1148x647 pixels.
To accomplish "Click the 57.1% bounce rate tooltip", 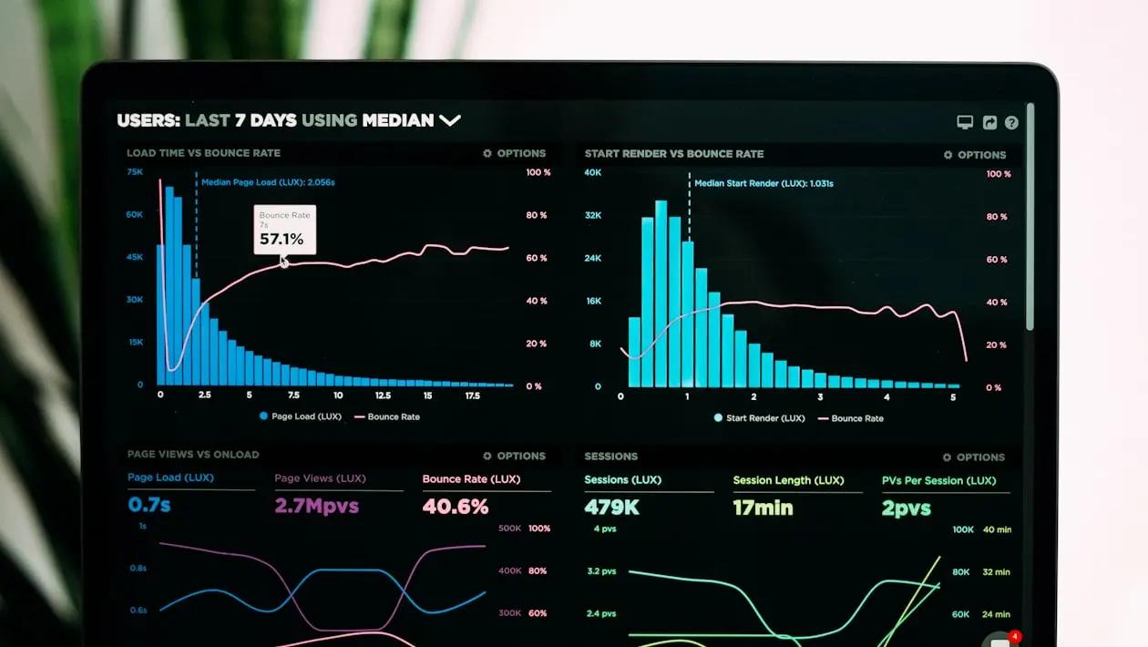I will [x=285, y=230].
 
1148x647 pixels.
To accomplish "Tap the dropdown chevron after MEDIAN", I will [x=450, y=119].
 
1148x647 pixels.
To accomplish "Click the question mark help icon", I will [x=1011, y=122].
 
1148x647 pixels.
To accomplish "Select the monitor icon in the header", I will [x=965, y=122].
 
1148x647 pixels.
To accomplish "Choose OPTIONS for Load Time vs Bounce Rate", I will [x=515, y=153].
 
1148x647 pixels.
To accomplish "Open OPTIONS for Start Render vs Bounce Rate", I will [x=975, y=155].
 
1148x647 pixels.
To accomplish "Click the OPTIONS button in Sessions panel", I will [x=974, y=457].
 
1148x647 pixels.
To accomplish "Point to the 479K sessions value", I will [x=611, y=508].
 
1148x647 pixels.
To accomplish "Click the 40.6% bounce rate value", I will [x=456, y=507].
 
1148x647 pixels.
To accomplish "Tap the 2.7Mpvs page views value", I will [x=317, y=506].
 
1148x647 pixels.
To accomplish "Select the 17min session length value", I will [x=763, y=508].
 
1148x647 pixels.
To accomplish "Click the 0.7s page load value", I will [x=149, y=505].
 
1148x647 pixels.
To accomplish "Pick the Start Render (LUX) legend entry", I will [x=760, y=418].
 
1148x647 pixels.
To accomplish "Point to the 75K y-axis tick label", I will [x=135, y=171].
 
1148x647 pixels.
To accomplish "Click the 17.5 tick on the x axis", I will [x=472, y=395].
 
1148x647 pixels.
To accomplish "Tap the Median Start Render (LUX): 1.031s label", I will [x=764, y=183].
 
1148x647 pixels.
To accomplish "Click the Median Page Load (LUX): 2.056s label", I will [x=268, y=182].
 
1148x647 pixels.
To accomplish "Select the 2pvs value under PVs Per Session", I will [x=907, y=508].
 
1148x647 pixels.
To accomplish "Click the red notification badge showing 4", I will [x=1015, y=636].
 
